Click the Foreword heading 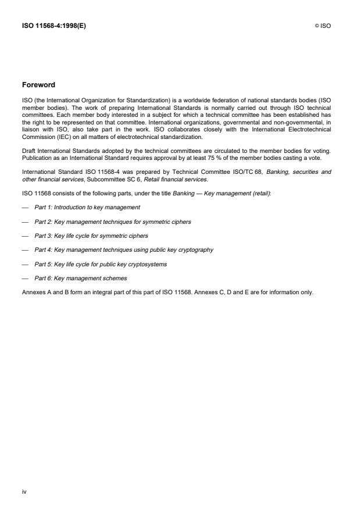click(38, 85)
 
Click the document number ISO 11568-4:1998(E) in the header click(54, 26)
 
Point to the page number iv click(24, 491)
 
